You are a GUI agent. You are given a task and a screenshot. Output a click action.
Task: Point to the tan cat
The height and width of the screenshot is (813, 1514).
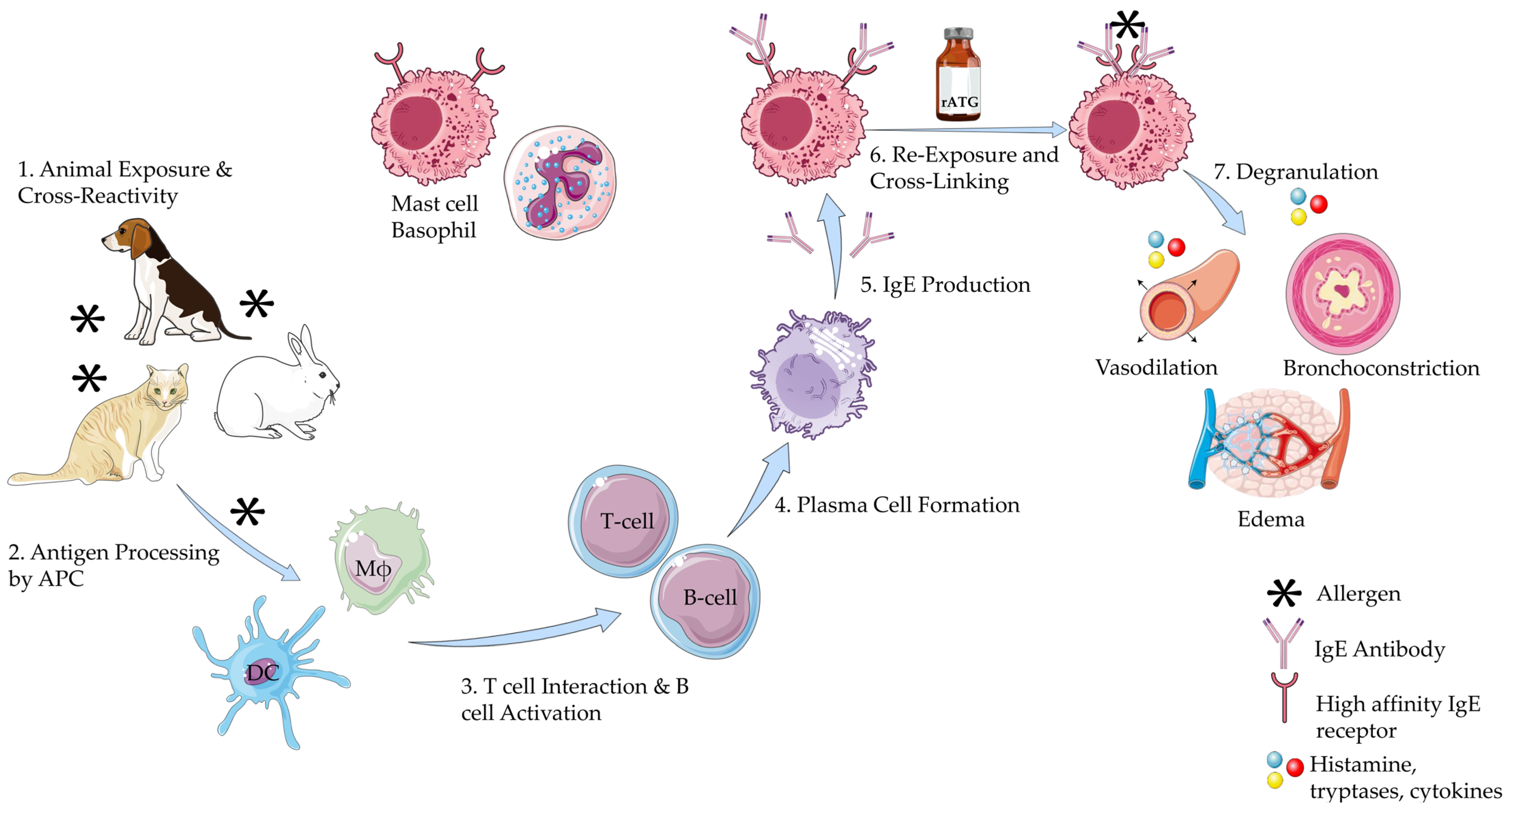(117, 429)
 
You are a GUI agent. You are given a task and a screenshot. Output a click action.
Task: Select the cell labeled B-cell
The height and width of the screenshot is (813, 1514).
(705, 600)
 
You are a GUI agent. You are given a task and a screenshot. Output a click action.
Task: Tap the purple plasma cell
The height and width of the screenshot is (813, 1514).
(814, 376)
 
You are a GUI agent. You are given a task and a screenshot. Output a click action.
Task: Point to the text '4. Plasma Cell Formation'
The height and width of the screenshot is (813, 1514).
(897, 505)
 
